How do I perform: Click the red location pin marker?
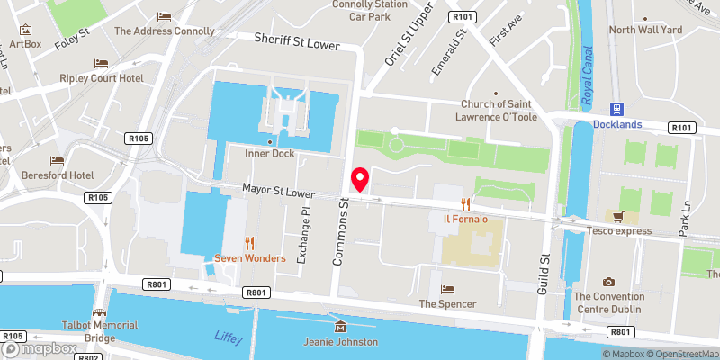tap(360, 179)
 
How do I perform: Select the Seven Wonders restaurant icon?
tap(249, 242)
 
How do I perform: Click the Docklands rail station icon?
tap(617, 109)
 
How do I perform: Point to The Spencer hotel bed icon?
tap(447, 289)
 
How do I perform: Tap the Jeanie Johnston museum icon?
tap(339, 327)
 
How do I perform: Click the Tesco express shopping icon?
tap(617, 216)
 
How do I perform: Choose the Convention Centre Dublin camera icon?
tap(609, 282)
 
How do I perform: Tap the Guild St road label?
tap(544, 271)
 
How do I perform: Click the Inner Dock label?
tap(270, 154)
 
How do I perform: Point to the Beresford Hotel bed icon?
tap(58, 159)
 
